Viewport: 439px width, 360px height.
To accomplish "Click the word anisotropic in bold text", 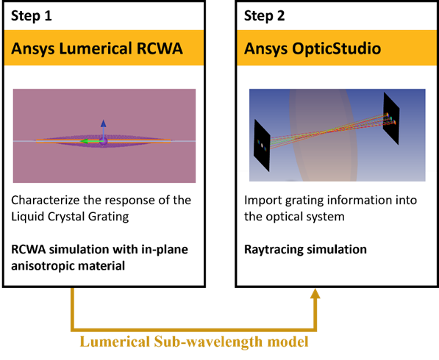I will pyautogui.click(x=47, y=267).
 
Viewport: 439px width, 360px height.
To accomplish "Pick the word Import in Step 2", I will pyautogui.click(x=263, y=200).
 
